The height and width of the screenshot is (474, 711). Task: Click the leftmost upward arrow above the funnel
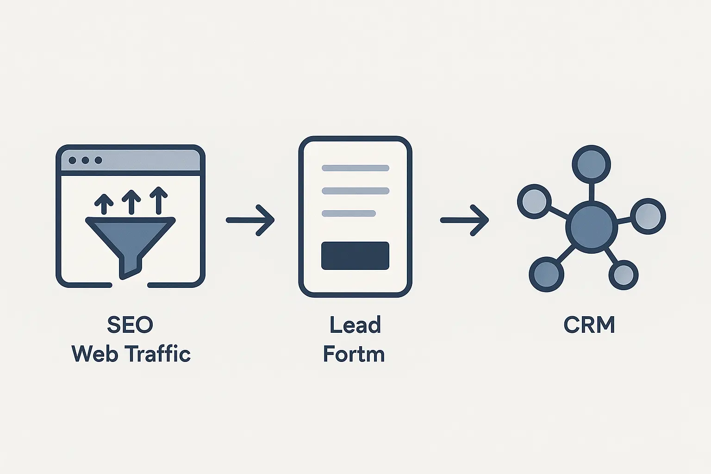tap(104, 204)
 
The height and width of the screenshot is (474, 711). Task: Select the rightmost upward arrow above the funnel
tap(159, 200)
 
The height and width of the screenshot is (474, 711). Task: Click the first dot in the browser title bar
tap(72, 160)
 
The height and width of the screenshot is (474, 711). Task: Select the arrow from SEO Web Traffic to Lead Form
tap(250, 220)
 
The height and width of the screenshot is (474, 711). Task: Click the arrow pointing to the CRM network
tap(464, 220)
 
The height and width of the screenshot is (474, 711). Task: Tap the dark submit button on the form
tap(355, 256)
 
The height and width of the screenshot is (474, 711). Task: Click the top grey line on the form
tap(355, 168)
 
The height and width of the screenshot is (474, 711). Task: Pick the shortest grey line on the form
tap(349, 213)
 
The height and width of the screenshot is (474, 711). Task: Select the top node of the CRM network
tap(591, 164)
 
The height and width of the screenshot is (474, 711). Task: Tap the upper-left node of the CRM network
tap(534, 201)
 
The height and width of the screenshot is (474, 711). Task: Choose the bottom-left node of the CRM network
tap(546, 274)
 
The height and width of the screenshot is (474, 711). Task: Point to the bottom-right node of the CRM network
tap(624, 275)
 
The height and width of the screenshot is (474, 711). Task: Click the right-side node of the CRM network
tap(648, 216)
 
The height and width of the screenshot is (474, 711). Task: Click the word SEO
tap(130, 325)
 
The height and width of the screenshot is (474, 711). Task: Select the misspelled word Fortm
tap(354, 355)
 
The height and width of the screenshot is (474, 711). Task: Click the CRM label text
tap(589, 325)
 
